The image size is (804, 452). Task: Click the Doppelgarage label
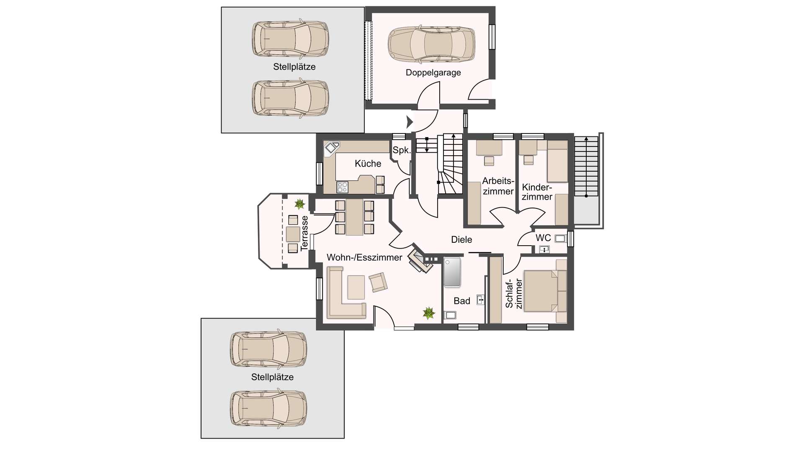(x=433, y=73)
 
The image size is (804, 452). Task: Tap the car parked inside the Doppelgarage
(x=431, y=44)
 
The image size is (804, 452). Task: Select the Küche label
(x=368, y=164)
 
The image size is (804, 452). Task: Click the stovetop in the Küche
(x=343, y=187)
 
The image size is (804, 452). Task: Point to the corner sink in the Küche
(x=332, y=148)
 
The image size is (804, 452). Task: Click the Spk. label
(x=402, y=150)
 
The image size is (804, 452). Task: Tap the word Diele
(x=461, y=240)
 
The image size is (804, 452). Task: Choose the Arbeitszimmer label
(x=498, y=186)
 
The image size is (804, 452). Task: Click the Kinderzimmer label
(x=537, y=192)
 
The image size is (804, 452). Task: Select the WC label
(x=543, y=238)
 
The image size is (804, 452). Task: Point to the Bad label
(x=462, y=301)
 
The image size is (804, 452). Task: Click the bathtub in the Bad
(x=452, y=272)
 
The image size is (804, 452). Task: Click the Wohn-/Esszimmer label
(x=364, y=257)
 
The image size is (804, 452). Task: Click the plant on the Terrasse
(x=299, y=204)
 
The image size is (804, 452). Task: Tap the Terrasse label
(x=304, y=234)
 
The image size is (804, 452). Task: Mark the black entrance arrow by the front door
(x=410, y=122)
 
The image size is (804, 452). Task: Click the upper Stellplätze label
(x=294, y=67)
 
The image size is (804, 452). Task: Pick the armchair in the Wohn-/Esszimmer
(x=378, y=282)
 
